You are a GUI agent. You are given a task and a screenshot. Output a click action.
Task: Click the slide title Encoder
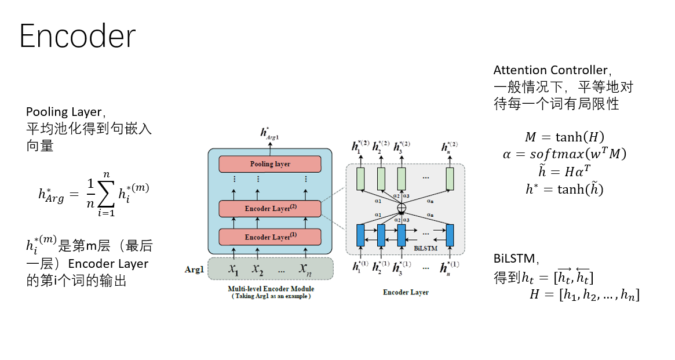[x=78, y=36]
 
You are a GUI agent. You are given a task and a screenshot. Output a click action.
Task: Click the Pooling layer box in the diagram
[x=270, y=164]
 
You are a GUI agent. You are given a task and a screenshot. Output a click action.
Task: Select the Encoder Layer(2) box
[x=270, y=209]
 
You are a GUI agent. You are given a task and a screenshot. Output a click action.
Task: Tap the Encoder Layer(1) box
[x=270, y=237]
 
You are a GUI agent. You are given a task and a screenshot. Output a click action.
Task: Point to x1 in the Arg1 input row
[x=233, y=269]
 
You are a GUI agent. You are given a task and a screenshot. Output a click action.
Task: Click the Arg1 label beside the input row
[x=195, y=270]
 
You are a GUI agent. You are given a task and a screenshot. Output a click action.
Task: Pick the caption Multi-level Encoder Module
[x=271, y=289]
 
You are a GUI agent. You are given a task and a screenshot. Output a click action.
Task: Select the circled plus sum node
[x=402, y=208]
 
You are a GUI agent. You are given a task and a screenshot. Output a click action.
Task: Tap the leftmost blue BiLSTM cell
[x=360, y=235]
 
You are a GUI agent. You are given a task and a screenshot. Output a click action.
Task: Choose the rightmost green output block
[x=450, y=179]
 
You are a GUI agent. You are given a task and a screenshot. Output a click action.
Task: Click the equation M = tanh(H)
[x=564, y=137]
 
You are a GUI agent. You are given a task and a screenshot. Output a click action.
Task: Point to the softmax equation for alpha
[x=564, y=154]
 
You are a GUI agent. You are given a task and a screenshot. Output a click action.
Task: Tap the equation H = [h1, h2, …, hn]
[x=584, y=294]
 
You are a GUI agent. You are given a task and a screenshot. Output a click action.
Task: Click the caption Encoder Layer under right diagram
[x=406, y=292]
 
